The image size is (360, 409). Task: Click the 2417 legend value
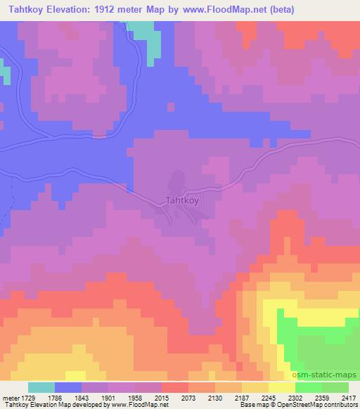(x=349, y=398)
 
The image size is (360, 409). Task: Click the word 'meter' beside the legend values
(x=11, y=398)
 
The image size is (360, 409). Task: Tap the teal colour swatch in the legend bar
(x=41, y=387)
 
